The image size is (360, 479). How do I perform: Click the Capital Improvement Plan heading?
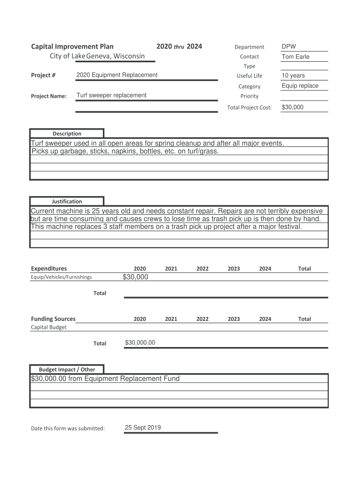[72, 47]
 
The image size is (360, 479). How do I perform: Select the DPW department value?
[288, 46]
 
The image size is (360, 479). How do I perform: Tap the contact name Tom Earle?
[295, 57]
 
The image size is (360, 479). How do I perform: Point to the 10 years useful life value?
[293, 75]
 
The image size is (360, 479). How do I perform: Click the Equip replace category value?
[300, 86]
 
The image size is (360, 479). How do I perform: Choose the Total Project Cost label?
[249, 108]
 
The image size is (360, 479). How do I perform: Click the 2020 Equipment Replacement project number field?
[117, 75]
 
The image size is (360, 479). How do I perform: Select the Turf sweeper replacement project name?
[111, 95]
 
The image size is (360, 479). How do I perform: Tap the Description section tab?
[67, 133]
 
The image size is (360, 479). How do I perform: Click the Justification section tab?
[67, 201]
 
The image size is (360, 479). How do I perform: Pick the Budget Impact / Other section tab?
[67, 369]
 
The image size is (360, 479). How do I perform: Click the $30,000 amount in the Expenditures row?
[135, 277]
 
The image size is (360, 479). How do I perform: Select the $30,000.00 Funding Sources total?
[140, 343]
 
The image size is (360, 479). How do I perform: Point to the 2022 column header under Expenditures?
[202, 269]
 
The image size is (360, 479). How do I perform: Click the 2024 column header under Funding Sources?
[265, 319]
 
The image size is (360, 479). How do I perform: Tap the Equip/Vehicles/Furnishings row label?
[61, 277]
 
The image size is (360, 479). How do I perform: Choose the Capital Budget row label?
[49, 327]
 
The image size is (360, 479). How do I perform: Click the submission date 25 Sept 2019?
[143, 428]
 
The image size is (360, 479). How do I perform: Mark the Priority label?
[249, 96]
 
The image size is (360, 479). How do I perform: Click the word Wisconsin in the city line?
[127, 56]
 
